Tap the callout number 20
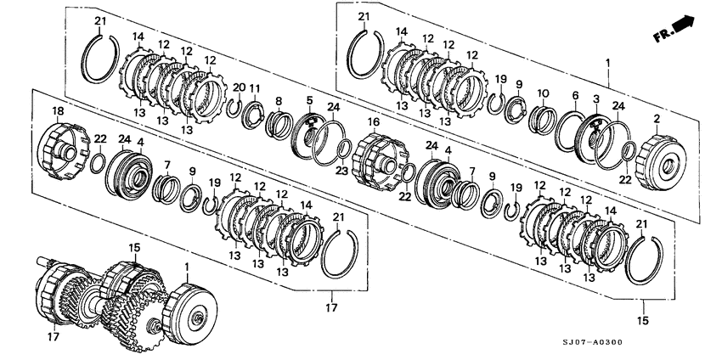[x=239, y=87]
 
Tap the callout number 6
[x=575, y=96]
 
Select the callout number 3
[x=596, y=100]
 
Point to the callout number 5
[x=309, y=101]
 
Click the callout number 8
[x=278, y=101]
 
